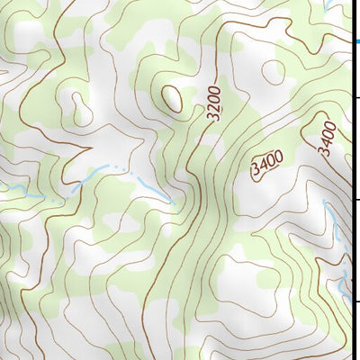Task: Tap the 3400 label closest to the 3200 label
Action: point(267,164)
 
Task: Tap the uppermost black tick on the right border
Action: point(357,97)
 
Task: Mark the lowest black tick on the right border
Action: point(357,302)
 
